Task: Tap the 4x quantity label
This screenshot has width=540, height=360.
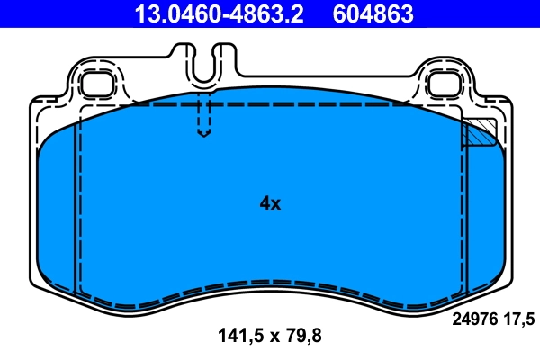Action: pos(270,203)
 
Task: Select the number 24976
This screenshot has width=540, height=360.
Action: pos(472,317)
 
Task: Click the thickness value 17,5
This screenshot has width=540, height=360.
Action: pos(519,317)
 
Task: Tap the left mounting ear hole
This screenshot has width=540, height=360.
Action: pos(94,85)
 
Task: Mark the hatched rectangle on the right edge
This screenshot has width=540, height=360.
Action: pos(479,133)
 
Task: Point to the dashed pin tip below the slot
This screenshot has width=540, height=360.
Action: pos(204,133)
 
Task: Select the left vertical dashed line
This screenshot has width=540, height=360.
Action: pos(80,198)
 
